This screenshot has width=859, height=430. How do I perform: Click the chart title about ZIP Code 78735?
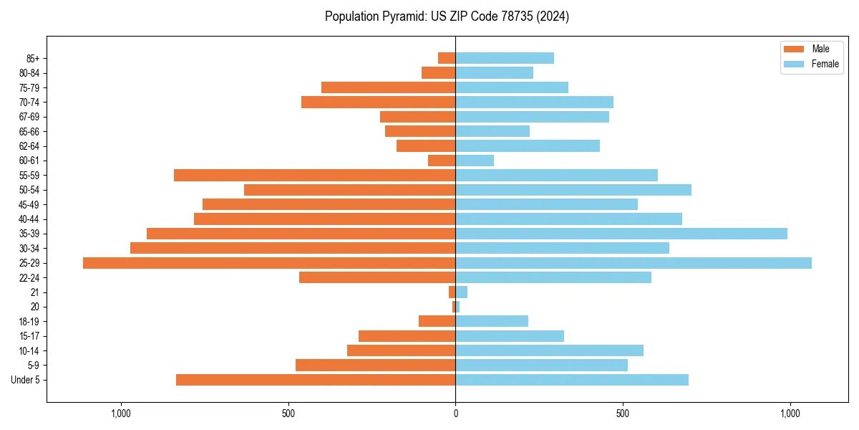point(447,16)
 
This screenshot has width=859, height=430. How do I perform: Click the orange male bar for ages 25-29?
point(269,263)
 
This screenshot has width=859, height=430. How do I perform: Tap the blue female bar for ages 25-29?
point(634,263)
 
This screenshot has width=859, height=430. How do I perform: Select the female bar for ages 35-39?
point(621,234)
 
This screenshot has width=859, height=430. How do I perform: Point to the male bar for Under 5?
point(316,380)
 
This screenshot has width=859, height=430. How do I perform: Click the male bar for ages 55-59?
point(315,175)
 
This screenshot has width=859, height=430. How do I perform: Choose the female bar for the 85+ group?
point(505,58)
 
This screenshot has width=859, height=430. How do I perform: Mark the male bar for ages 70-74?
point(379,102)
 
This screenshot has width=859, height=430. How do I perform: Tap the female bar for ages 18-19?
point(492,321)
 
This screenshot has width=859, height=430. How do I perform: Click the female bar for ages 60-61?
point(475,161)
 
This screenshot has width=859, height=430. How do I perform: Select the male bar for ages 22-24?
point(377,277)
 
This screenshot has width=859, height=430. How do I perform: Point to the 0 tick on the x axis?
point(455,414)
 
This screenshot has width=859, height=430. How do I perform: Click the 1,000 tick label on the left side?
point(121,414)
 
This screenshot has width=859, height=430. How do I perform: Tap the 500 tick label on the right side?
point(623,414)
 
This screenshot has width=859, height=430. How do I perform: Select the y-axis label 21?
point(34,292)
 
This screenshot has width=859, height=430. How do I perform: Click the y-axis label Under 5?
point(26,380)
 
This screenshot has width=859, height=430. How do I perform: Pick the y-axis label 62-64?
point(29,146)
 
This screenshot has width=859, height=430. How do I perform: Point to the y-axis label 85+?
point(31,58)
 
